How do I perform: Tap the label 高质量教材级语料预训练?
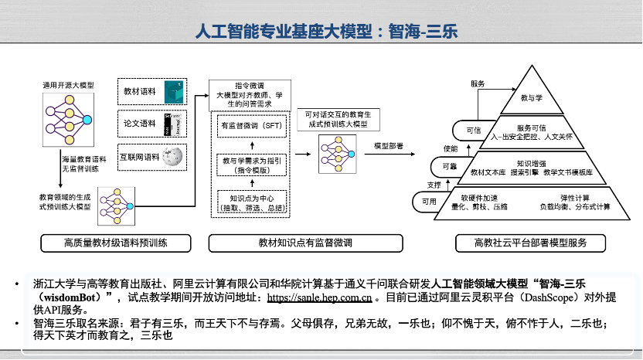(117, 243)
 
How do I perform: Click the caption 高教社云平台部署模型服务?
(530, 243)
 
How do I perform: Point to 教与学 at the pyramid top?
(531, 98)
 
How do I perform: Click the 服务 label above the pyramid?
(477, 83)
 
